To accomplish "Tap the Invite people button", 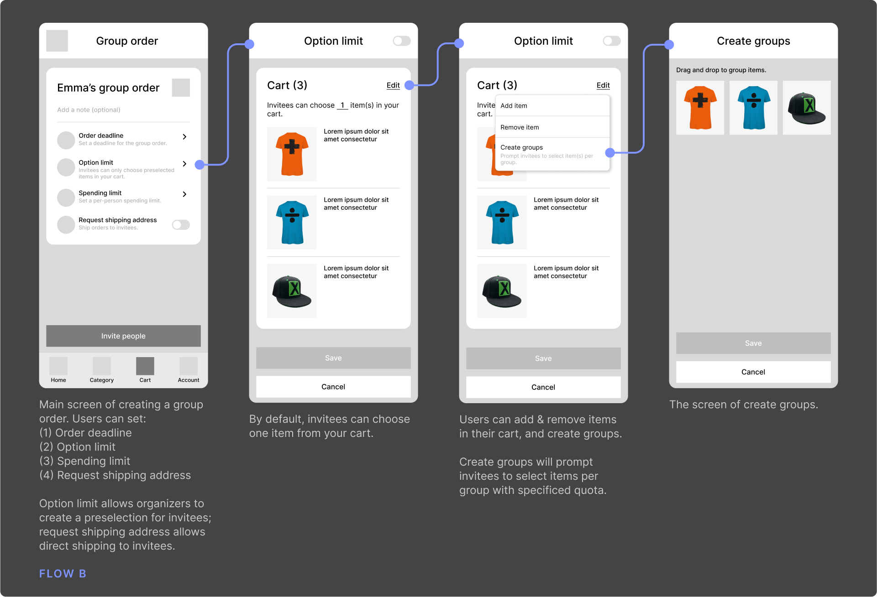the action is point(123,336).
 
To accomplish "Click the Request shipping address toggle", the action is point(181,224).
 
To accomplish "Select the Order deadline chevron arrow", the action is point(184,137).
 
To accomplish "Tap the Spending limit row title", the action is point(100,193).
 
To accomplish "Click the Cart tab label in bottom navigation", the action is point(145,380).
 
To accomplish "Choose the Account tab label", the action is point(189,380).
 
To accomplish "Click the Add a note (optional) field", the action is point(89,110).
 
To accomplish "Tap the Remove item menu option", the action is point(520,127).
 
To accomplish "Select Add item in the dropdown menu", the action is point(514,106).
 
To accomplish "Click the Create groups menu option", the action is point(521,147).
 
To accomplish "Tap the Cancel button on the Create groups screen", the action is point(753,372).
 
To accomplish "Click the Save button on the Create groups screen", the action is point(753,343).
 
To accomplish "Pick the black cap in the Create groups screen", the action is point(807,108).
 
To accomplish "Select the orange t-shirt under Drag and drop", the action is point(700,108).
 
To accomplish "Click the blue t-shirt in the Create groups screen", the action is point(753,108).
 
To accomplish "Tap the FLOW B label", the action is point(63,574).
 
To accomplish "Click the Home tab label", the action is point(58,380).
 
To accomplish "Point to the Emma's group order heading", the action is point(108,88).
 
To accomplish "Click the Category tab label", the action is point(102,380).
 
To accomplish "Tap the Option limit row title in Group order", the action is point(96,162).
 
